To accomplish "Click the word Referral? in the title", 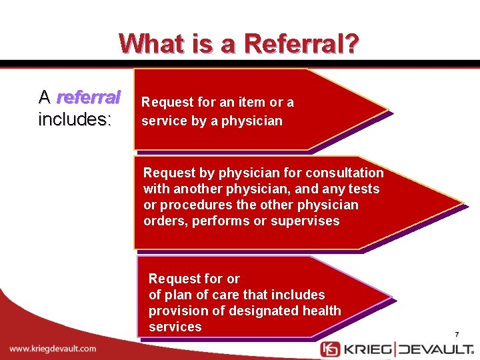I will pos(301,45).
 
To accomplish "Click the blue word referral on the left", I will pos(89,98).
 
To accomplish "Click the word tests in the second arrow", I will pos(363,189).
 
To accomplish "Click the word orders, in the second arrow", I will pos(165,221).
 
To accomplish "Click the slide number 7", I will pos(457,334).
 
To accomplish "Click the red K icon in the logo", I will pos(330,350).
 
